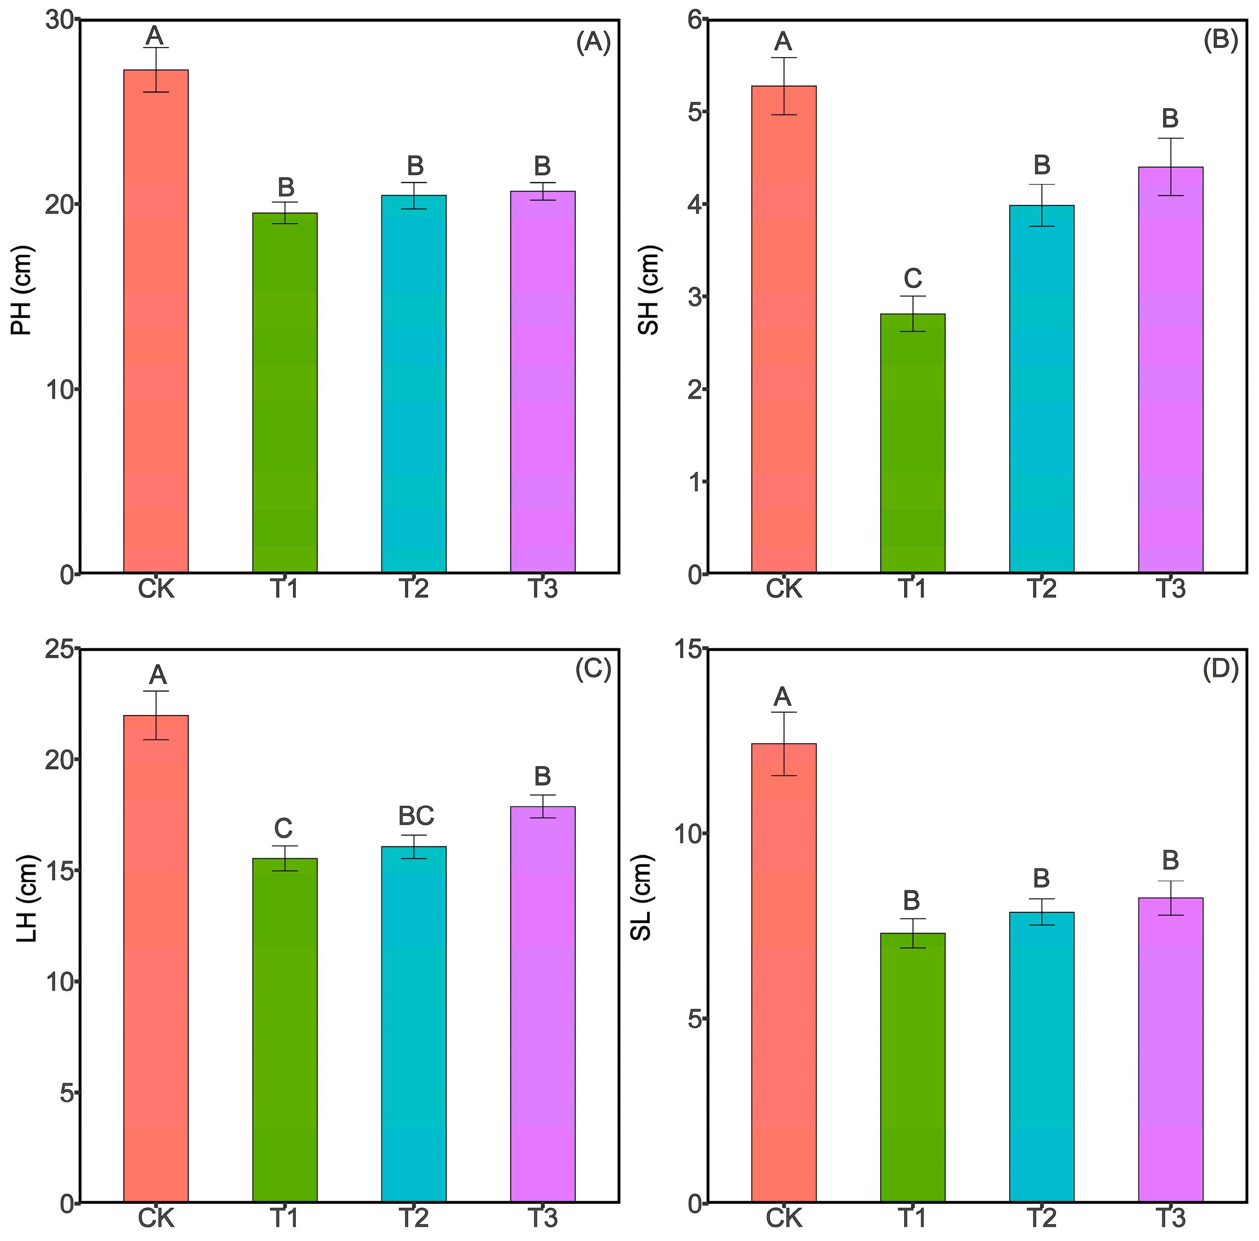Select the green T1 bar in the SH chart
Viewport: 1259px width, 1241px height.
tap(912, 443)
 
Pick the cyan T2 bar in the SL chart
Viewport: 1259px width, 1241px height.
tap(1041, 1056)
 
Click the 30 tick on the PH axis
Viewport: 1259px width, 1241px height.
tap(59, 20)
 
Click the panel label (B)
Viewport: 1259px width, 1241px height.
tap(1220, 40)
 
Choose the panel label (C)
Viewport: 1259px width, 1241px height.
tap(593, 670)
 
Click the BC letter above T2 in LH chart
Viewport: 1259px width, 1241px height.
tap(416, 815)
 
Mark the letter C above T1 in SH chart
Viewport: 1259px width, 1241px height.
tap(912, 278)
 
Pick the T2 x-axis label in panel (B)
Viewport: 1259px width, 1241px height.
tap(1041, 589)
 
